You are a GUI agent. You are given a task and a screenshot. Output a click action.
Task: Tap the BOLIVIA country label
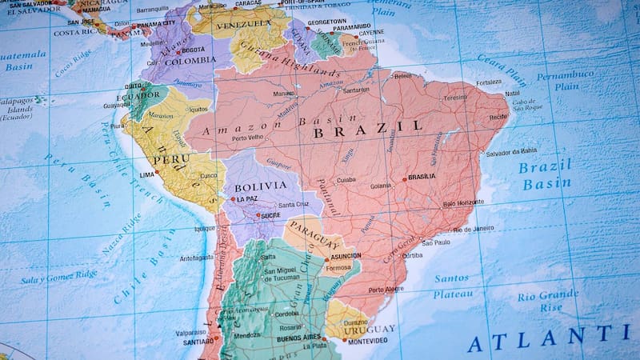pyautogui.click(x=260, y=186)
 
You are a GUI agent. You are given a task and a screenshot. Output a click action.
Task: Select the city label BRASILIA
pyautogui.click(x=422, y=177)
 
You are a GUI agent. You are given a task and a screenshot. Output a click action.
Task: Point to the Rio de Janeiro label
pyautogui.click(x=474, y=229)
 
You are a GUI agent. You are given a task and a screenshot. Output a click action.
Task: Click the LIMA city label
pyautogui.click(x=147, y=174)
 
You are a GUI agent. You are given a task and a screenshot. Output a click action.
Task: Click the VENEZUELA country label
pyautogui.click(x=241, y=24)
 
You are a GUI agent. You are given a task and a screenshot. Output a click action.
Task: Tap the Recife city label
pyautogui.click(x=498, y=116)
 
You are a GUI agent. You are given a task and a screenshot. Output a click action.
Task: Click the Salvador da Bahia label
pyautogui.click(x=511, y=151)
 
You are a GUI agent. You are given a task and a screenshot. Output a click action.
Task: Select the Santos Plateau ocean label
pyautogui.click(x=452, y=286)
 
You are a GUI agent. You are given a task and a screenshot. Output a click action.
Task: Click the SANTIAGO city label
pyautogui.click(x=198, y=342)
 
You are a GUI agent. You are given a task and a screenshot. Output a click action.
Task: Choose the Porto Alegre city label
pyautogui.click(x=386, y=289)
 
